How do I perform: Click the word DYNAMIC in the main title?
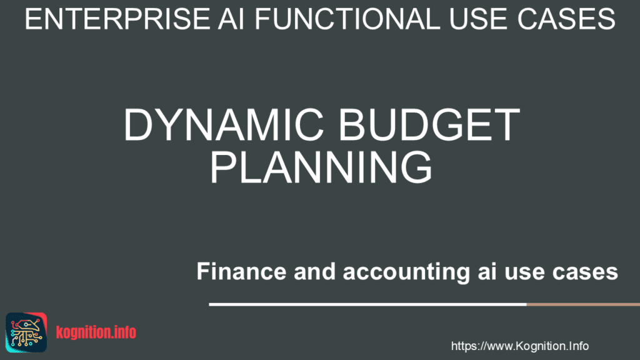(x=220, y=125)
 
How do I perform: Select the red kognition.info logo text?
(x=96, y=332)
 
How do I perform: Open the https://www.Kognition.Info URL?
(x=519, y=346)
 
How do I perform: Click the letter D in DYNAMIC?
(x=137, y=125)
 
